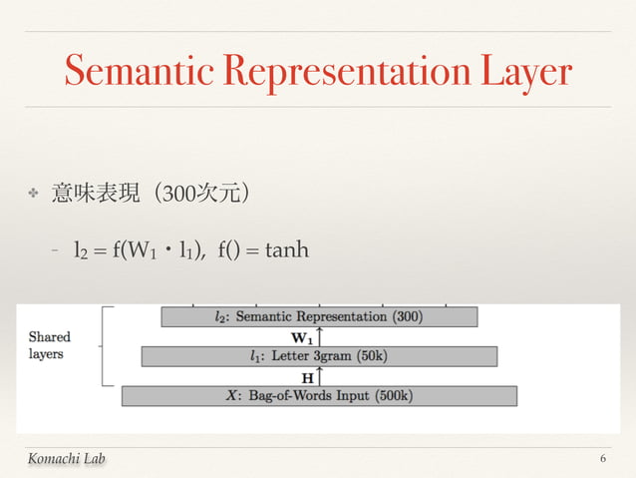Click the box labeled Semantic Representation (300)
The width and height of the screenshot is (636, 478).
(x=319, y=316)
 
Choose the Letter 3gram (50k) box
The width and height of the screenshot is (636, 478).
(x=319, y=356)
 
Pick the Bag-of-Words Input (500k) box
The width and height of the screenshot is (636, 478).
(x=319, y=395)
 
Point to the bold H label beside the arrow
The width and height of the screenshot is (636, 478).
(x=308, y=377)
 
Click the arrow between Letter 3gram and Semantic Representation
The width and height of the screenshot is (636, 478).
(x=319, y=336)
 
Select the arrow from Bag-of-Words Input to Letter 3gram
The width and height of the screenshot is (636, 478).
(x=319, y=376)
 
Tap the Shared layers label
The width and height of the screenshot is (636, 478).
(x=50, y=345)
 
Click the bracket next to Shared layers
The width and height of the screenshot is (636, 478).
(x=104, y=345)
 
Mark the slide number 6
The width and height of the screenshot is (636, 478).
(x=603, y=457)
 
